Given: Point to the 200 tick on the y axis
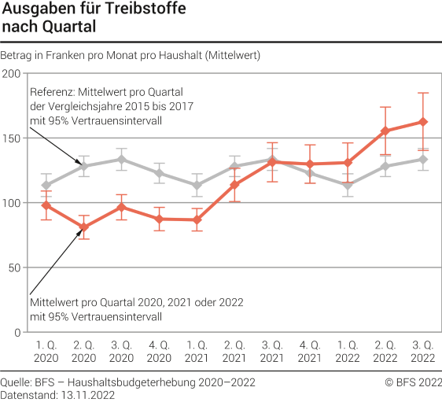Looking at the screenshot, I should point(12,73).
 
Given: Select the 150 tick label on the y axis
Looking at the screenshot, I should point(12,138).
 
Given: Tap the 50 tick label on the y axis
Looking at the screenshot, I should point(15,267).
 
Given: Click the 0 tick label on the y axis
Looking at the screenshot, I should point(18,333).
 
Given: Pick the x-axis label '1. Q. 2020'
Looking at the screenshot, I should point(46,351).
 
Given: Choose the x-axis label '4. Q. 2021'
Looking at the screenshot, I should point(310,351).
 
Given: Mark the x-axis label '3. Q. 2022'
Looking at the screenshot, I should point(423,351).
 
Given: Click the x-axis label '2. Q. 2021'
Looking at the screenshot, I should point(234,351).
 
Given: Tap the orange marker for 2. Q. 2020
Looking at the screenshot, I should point(84,227).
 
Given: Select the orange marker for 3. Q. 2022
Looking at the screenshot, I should point(423,122).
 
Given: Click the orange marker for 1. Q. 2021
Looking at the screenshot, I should point(197,220).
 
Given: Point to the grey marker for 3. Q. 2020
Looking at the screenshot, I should point(121,160).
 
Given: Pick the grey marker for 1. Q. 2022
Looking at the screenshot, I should point(348,186).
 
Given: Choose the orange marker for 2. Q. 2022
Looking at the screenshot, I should point(385,131).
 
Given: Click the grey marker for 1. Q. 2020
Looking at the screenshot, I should point(46,186).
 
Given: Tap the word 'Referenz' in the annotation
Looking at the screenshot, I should point(48,91).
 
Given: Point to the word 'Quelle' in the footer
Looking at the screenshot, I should point(16,383).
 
